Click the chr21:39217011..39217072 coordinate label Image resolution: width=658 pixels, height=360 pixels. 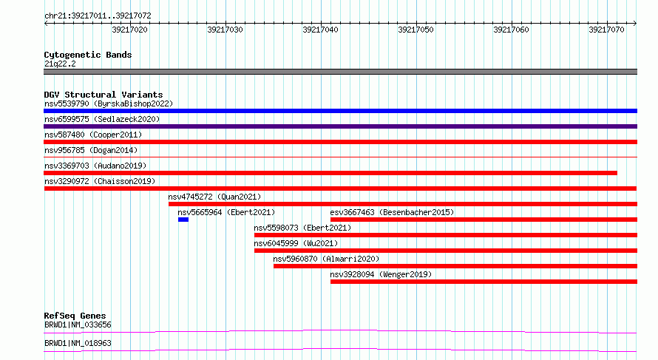[x=98, y=16]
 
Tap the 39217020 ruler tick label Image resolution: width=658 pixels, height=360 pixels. [x=129, y=30]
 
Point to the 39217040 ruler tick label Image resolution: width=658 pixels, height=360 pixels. [x=320, y=30]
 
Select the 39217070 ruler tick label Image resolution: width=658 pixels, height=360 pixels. [x=606, y=30]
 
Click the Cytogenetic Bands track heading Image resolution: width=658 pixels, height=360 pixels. [x=88, y=55]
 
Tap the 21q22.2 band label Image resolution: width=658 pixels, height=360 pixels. [x=60, y=64]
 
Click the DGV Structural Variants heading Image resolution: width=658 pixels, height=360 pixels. [x=104, y=95]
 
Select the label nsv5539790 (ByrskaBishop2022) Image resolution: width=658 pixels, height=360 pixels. [x=109, y=103]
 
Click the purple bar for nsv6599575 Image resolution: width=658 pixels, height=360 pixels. [x=340, y=126]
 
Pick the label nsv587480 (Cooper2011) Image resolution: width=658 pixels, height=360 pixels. [x=93, y=135]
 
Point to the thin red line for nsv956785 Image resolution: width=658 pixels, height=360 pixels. [x=340, y=157]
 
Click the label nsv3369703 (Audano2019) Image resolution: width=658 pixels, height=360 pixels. [x=95, y=166]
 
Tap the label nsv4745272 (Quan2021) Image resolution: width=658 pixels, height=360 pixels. [x=214, y=197]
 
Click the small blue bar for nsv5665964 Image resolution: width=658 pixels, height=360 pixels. [x=183, y=220]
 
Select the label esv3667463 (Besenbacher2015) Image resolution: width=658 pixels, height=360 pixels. [x=392, y=212]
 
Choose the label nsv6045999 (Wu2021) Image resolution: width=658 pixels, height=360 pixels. [x=296, y=243]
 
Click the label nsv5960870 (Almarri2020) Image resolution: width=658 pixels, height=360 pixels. [x=326, y=259]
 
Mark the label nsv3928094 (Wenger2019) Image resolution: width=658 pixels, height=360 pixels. [x=381, y=274]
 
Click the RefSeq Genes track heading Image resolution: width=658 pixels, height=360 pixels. [x=75, y=316]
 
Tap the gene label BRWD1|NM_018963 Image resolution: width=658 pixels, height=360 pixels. [x=78, y=343]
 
